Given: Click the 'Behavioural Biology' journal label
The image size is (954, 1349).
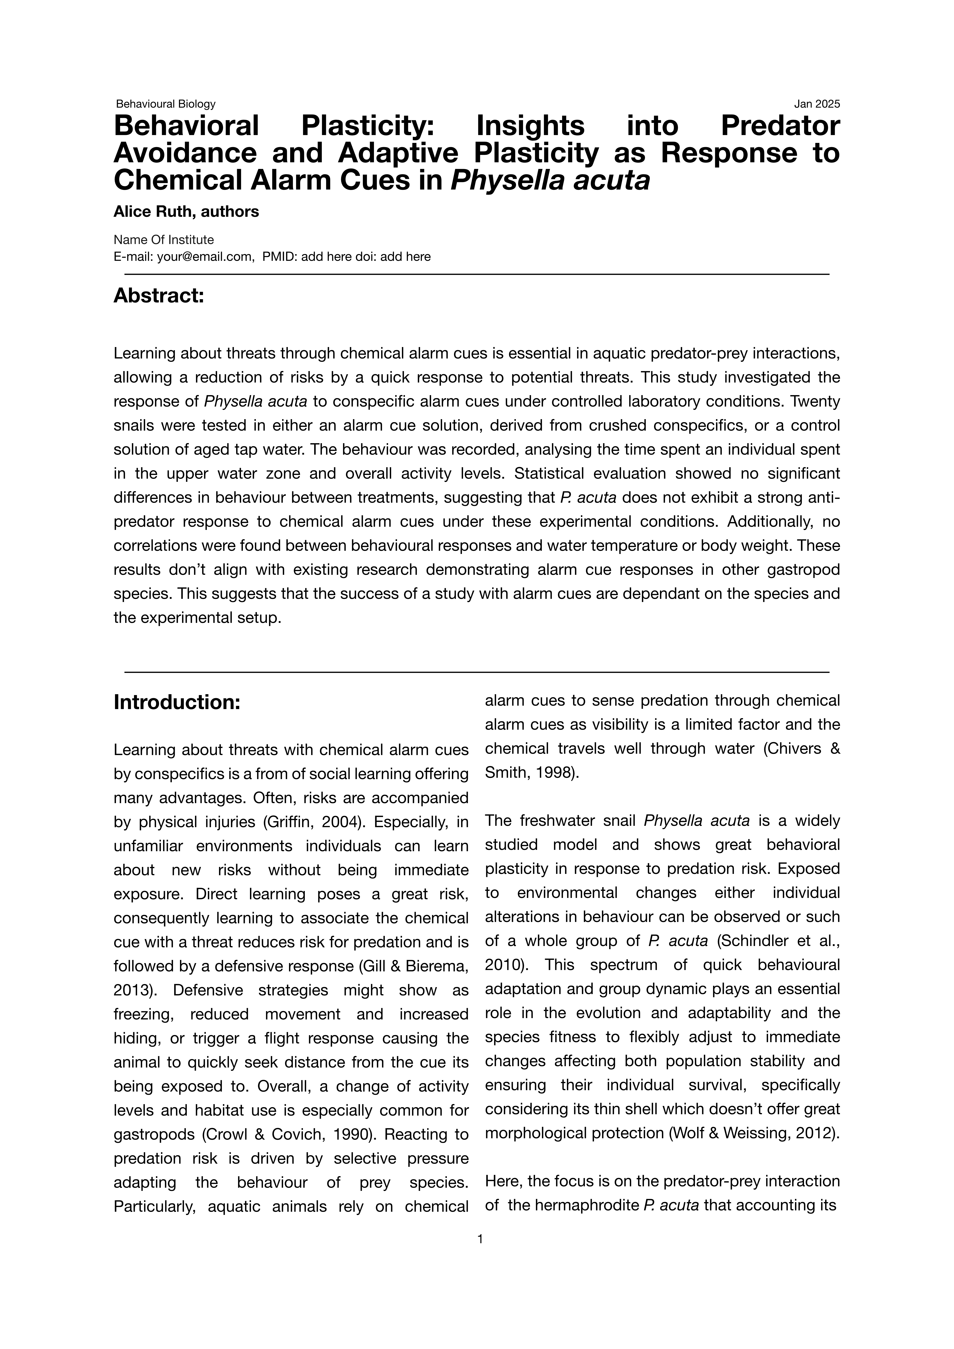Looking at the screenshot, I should point(166,104).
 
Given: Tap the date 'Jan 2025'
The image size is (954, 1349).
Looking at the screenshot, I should point(817,104).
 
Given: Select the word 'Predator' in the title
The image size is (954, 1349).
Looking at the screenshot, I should point(780,126).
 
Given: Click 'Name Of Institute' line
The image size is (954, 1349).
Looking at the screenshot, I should point(163,240).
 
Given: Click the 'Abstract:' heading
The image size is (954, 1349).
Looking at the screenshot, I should point(159,296).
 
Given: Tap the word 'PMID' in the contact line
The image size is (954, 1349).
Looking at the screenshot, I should point(278,257).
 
